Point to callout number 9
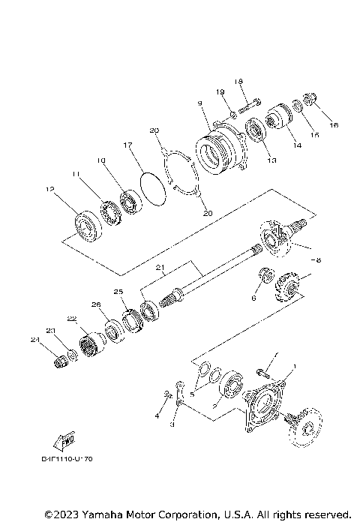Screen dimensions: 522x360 coord(199,103)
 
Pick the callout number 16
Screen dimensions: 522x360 coord(334,125)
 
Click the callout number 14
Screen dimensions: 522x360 coord(298,145)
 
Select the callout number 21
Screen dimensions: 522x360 coord(159,268)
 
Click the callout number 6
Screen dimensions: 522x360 coord(254,298)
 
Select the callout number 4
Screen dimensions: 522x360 coord(157,415)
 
